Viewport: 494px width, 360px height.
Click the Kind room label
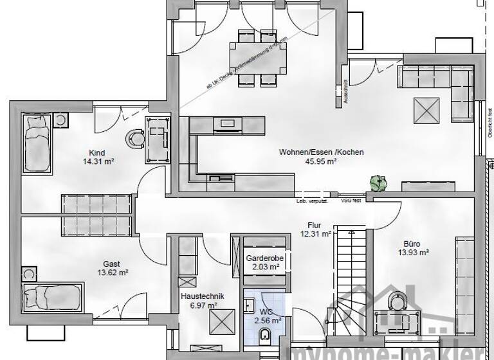coord(97,152)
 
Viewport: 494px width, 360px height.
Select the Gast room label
coord(111,263)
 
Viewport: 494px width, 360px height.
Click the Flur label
coord(313,226)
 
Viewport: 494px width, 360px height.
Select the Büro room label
coord(412,244)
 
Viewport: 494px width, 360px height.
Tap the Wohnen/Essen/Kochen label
coord(321,152)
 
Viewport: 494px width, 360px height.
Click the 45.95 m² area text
coord(321,162)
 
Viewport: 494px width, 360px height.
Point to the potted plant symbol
coord(376,184)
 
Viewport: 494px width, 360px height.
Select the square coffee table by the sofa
coord(425,109)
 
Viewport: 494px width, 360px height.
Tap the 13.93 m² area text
coord(412,254)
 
